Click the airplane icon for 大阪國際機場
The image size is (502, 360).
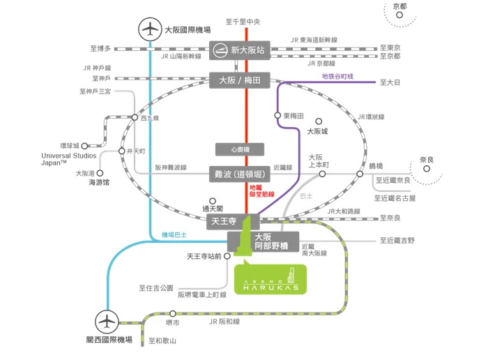[x=149, y=31]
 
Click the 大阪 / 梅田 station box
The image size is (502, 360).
[x=239, y=81]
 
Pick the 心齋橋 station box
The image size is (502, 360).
[x=238, y=148]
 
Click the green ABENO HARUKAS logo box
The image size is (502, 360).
[x=269, y=278]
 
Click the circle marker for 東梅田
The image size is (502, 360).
[x=278, y=116]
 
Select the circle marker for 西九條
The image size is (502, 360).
[x=135, y=118]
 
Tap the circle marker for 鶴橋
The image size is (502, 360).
[x=360, y=173]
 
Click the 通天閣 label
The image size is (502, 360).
[x=212, y=208]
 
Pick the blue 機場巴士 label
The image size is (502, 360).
[x=174, y=234]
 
